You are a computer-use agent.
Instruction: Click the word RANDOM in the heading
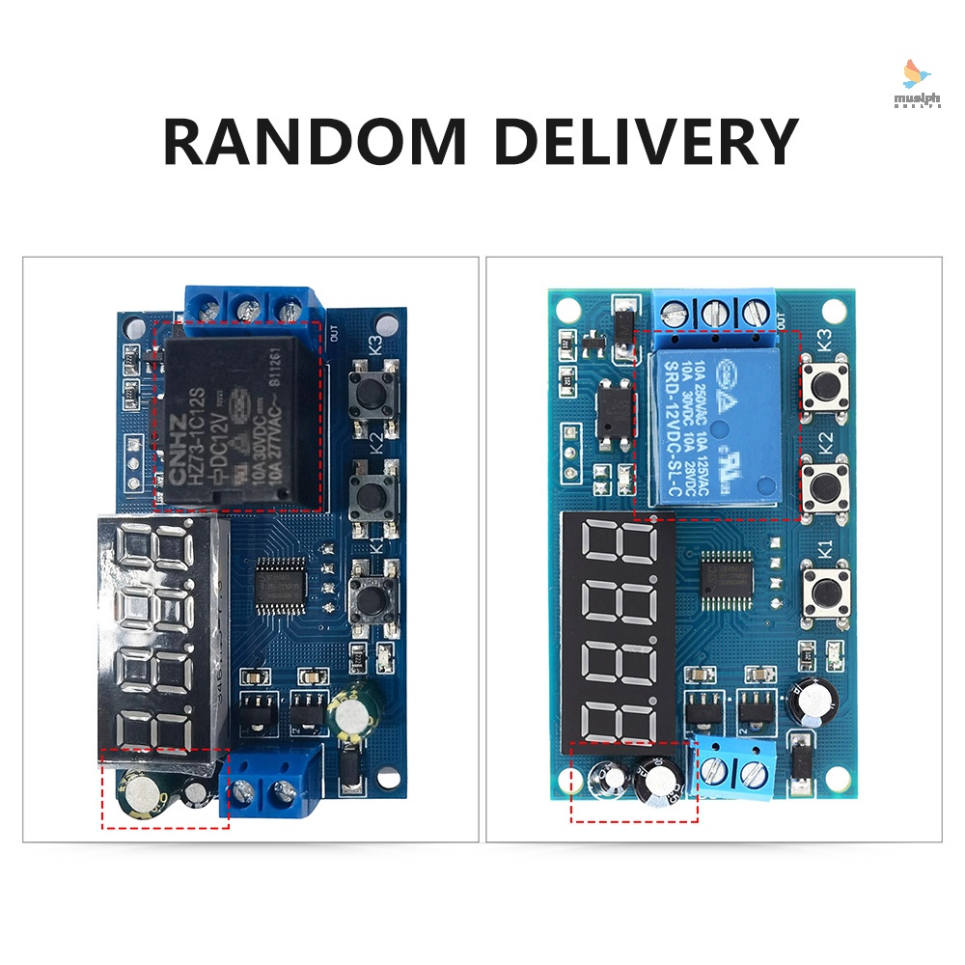coord(315,142)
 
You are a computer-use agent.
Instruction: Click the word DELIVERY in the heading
coord(646,142)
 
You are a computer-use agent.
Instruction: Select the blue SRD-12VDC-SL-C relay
coord(717,425)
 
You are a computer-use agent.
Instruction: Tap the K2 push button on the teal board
coord(825,486)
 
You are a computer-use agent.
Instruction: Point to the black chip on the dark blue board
coord(281,585)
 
